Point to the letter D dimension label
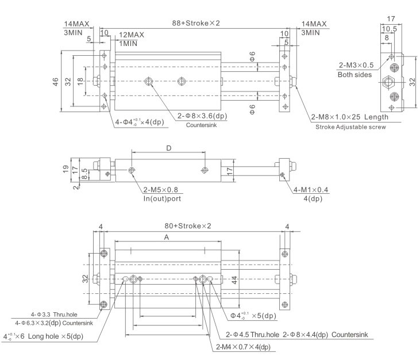[x=168, y=149]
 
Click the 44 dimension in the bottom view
[x=251, y=280]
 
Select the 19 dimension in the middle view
[x=67, y=168]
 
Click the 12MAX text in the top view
[x=132, y=35]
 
